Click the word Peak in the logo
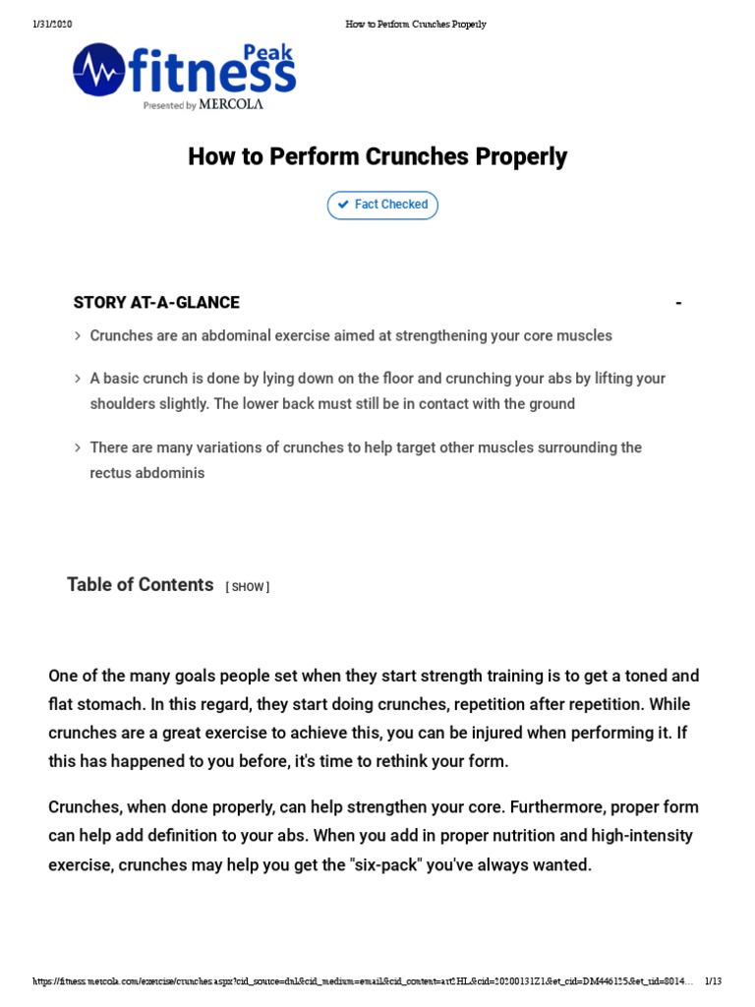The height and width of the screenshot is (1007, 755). pyautogui.click(x=267, y=54)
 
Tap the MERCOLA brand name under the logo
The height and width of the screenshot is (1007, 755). pyautogui.click(x=231, y=104)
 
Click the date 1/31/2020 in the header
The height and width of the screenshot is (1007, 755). pyautogui.click(x=51, y=25)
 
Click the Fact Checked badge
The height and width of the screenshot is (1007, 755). pyautogui.click(x=382, y=205)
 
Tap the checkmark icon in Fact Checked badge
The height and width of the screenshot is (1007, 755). pyautogui.click(x=343, y=205)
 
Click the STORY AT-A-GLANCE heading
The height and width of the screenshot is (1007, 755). pyautogui.click(x=156, y=302)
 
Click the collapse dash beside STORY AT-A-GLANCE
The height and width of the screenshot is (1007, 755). pyautogui.click(x=678, y=303)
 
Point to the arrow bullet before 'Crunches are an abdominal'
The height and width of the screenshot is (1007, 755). pyautogui.click(x=78, y=336)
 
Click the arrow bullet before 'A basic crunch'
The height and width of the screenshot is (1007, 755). pyautogui.click(x=78, y=379)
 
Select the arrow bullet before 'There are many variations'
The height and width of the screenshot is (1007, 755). pyautogui.click(x=78, y=447)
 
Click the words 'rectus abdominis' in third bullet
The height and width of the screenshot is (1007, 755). pyautogui.click(x=147, y=473)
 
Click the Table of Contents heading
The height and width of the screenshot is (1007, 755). pyautogui.click(x=140, y=585)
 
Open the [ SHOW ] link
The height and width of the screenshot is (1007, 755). pyautogui.click(x=248, y=587)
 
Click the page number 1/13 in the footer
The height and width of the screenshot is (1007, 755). pyautogui.click(x=713, y=981)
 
